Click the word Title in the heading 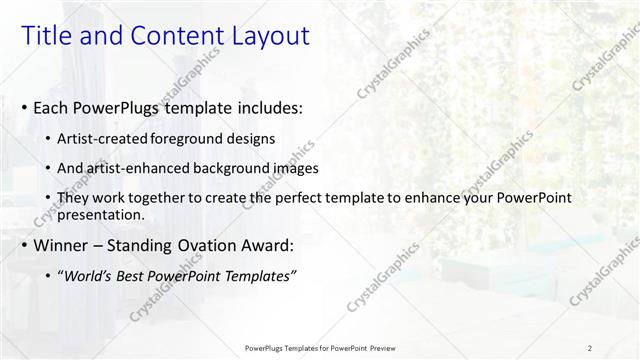click(x=45, y=36)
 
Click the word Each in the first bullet click(x=52, y=107)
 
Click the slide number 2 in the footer click(x=590, y=347)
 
